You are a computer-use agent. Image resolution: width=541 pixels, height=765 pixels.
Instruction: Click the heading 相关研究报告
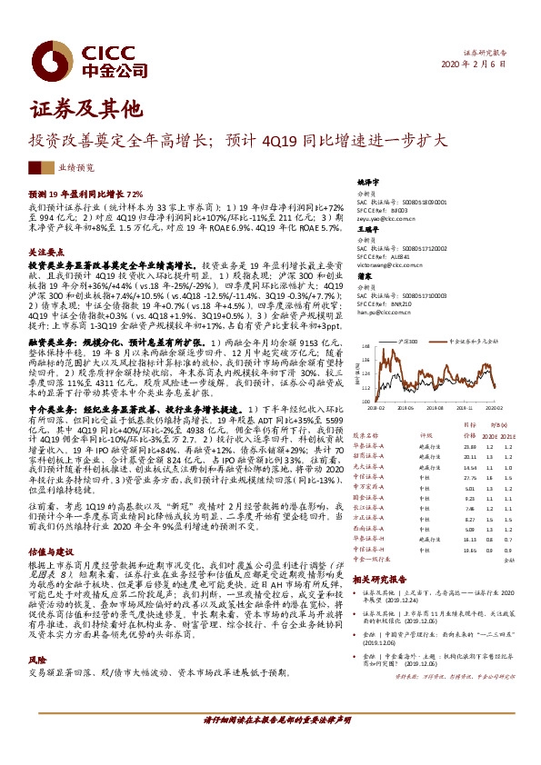click(380, 578)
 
